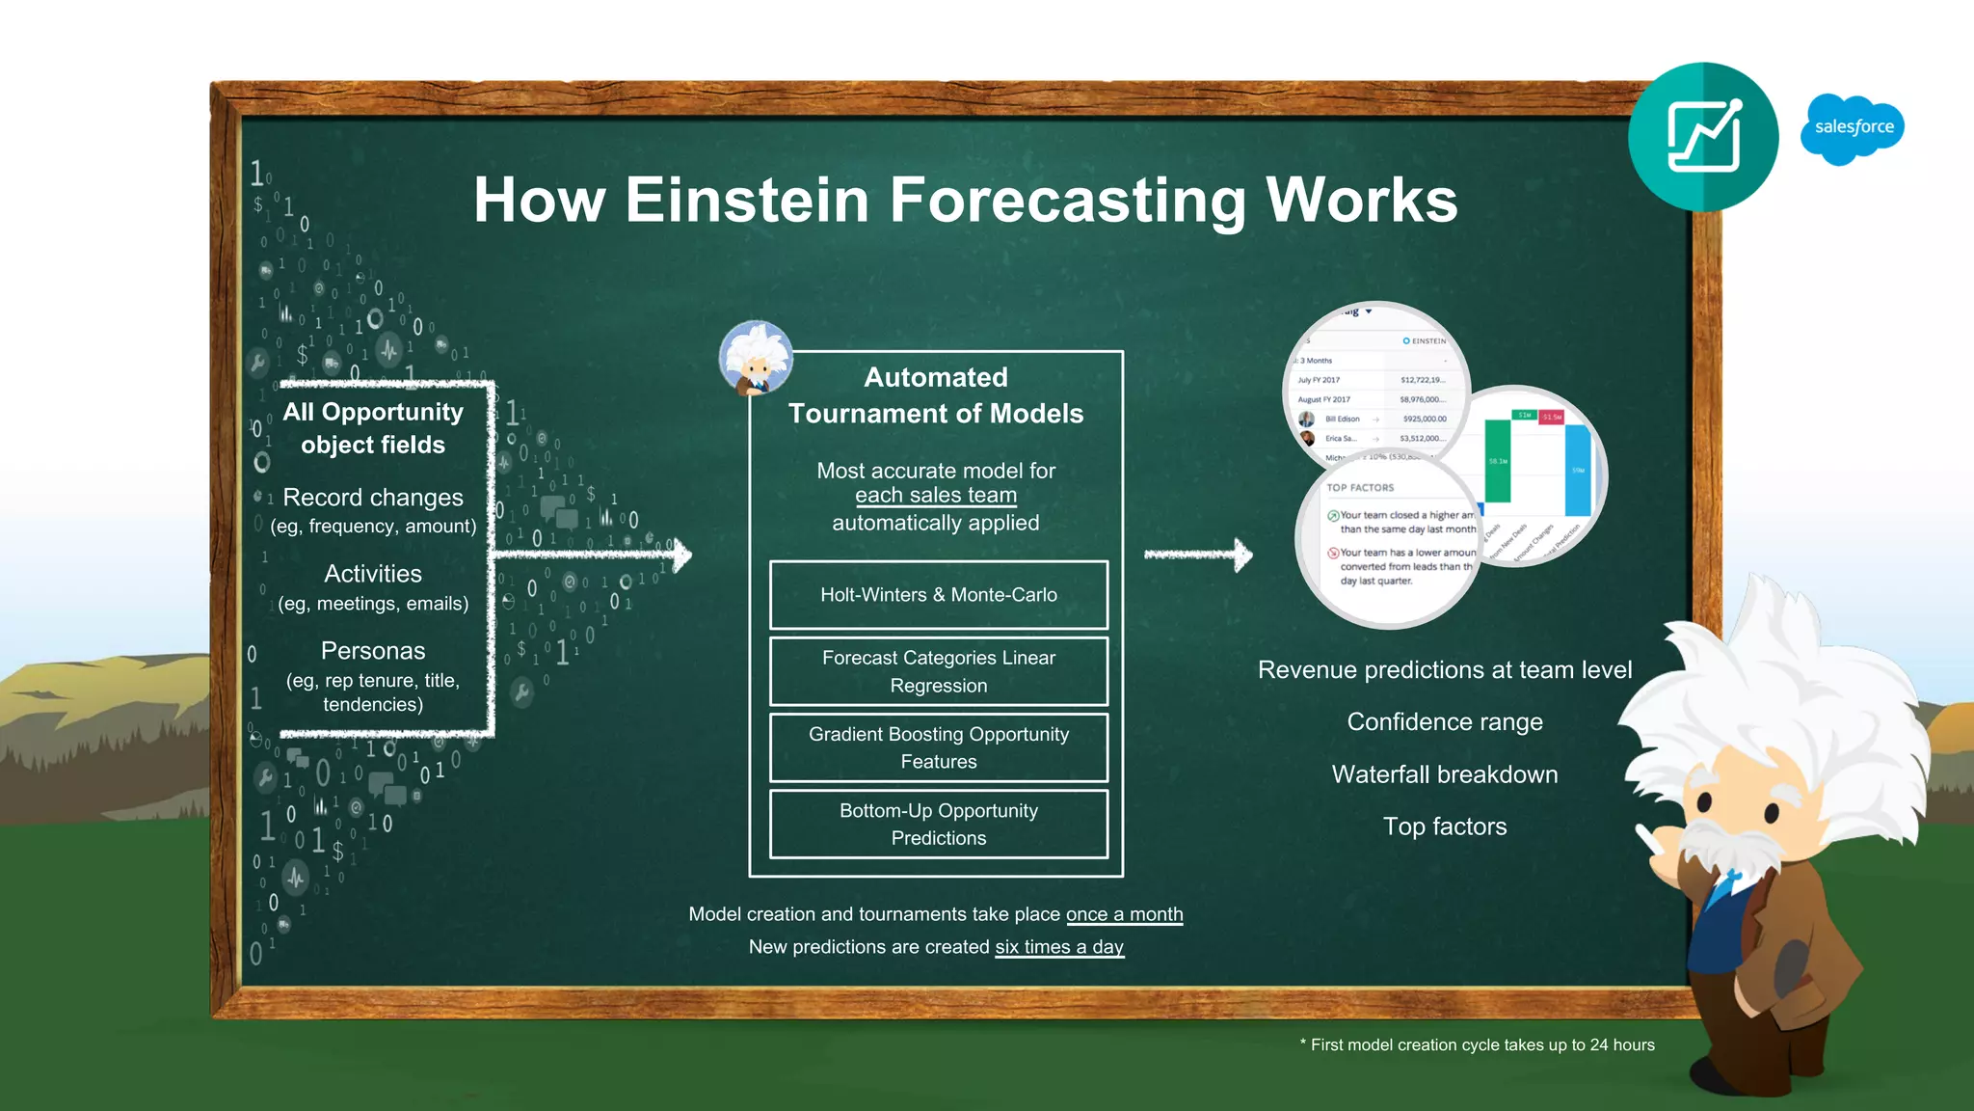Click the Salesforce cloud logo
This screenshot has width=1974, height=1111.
(1852, 128)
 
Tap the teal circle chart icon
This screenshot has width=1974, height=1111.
(1703, 137)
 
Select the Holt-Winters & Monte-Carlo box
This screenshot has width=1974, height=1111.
(938, 595)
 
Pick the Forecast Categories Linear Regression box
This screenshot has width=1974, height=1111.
(938, 671)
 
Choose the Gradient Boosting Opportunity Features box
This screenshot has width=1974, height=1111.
(938, 747)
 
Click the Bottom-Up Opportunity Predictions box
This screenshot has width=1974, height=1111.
(938, 824)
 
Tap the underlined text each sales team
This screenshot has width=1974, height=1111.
(935, 496)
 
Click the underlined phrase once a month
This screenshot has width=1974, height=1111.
(1124, 914)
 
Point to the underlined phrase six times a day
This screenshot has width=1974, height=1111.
(1058, 947)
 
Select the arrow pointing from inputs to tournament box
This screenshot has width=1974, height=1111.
(593, 555)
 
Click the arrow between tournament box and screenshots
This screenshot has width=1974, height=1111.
(1198, 555)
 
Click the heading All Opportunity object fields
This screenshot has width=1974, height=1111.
(373, 428)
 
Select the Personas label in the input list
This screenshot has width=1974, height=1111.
(373, 651)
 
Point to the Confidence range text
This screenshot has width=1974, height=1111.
(1444, 722)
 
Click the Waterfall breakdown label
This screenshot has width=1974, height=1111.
(1444, 774)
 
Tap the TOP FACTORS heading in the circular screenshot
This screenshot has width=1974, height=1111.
(1360, 488)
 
